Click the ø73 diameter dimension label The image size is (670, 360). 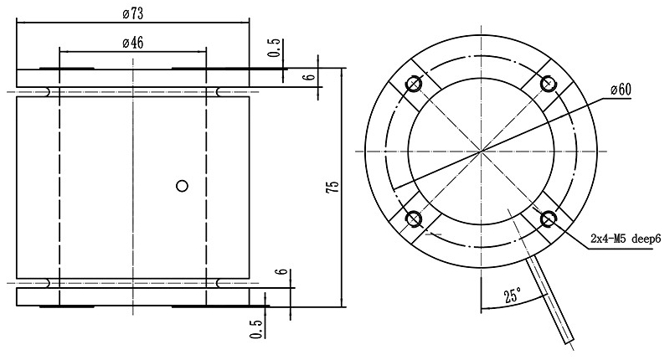(132, 14)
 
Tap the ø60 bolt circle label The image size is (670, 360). (620, 90)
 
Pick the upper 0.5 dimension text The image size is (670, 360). (273, 49)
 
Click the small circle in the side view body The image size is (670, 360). (181, 186)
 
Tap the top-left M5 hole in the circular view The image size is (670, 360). (413, 84)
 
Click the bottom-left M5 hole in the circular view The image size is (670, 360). (413, 219)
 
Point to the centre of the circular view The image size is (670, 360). (481, 152)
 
